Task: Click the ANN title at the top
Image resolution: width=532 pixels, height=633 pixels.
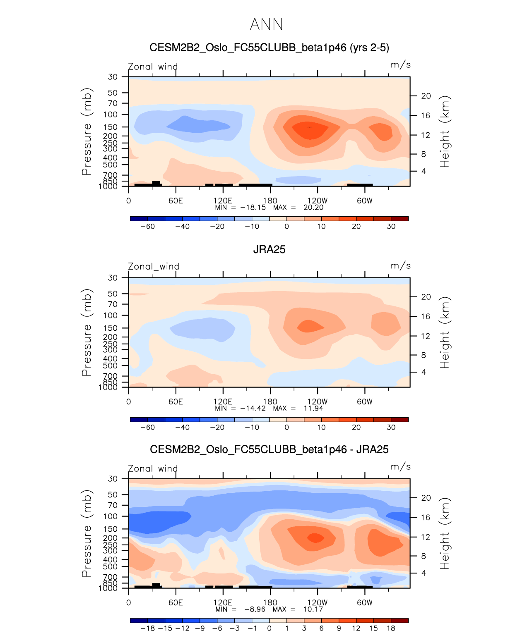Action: (x=266, y=24)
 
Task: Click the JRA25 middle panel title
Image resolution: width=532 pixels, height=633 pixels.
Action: (x=269, y=249)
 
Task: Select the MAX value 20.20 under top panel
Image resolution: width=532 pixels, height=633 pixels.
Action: (x=313, y=208)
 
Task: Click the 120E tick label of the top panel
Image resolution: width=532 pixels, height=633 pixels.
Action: (x=223, y=201)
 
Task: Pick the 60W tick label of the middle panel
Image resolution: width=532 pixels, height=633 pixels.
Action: (x=365, y=402)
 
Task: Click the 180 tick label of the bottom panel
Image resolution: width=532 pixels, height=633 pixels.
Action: (x=270, y=603)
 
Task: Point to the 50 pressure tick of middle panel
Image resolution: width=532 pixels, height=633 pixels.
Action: (x=113, y=294)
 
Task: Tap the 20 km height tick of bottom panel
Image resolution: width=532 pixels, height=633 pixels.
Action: (x=426, y=498)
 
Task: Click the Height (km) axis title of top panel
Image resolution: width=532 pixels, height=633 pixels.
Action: (x=445, y=131)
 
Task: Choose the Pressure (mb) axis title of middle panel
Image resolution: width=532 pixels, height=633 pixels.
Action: (x=86, y=332)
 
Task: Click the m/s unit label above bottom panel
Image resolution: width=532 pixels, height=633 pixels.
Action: (x=400, y=467)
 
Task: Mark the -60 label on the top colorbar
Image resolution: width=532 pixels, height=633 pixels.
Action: (x=147, y=227)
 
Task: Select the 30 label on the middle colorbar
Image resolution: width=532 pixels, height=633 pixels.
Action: (x=391, y=428)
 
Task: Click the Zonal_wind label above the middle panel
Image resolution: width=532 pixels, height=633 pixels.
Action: (x=153, y=267)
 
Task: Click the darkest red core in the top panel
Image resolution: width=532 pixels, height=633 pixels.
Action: (x=310, y=129)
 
